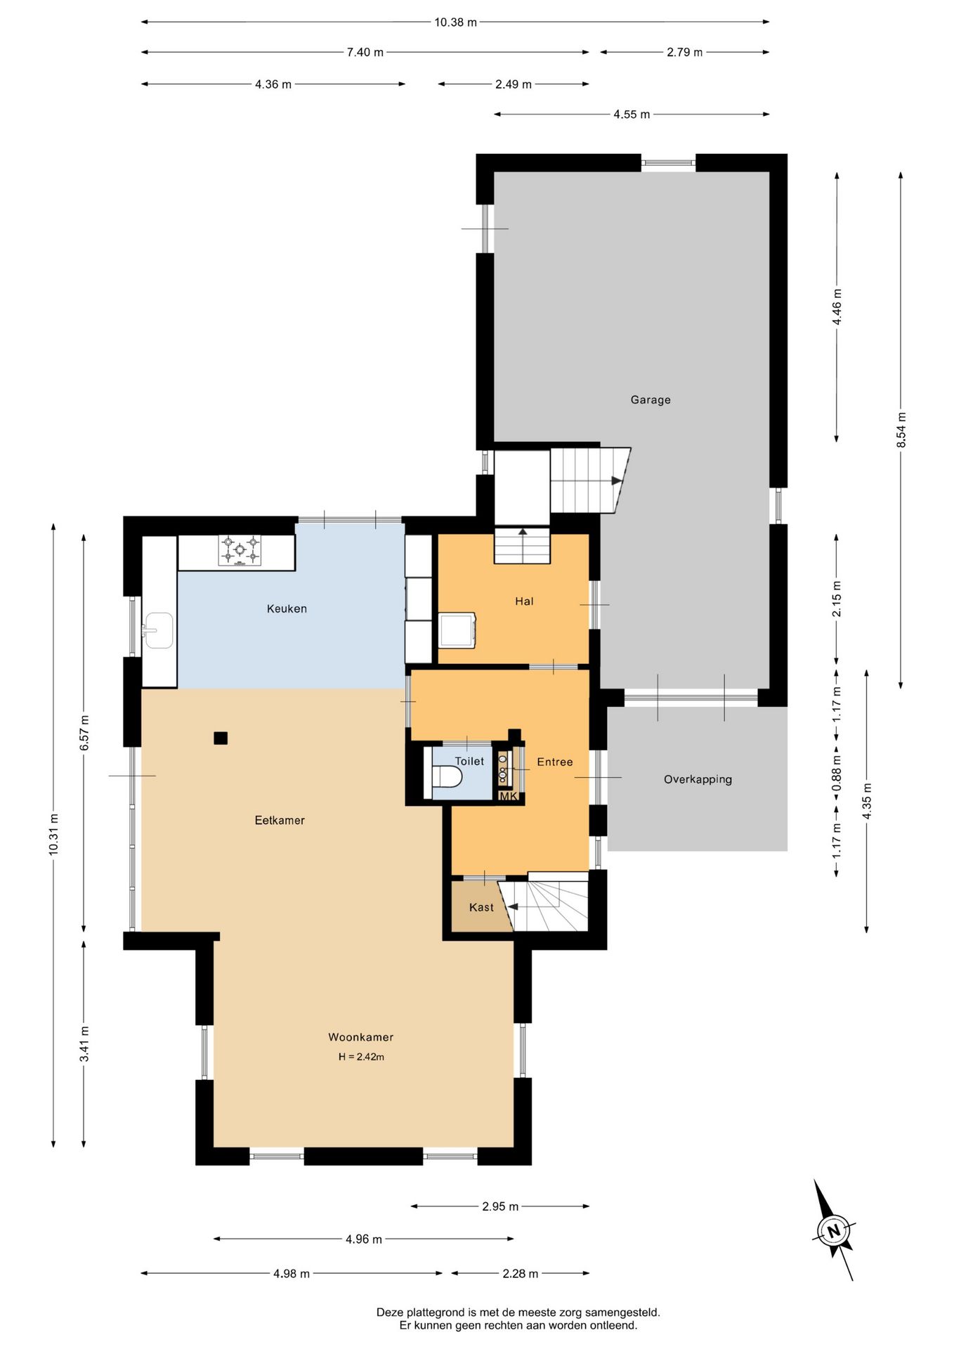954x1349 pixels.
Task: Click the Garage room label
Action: click(650, 400)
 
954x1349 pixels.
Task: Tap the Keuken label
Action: click(287, 608)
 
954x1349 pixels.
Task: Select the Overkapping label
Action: click(698, 779)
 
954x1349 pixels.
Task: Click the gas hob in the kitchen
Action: click(240, 550)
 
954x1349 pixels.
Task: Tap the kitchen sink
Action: click(158, 630)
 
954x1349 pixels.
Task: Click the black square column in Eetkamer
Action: click(221, 738)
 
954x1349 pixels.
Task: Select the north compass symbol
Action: click(834, 1230)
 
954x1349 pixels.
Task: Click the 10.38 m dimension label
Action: click(455, 22)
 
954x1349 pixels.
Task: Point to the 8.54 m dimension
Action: click(901, 429)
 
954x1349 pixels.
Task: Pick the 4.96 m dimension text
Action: click(364, 1239)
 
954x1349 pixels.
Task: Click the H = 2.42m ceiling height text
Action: click(361, 1057)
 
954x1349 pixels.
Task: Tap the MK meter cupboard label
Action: click(508, 796)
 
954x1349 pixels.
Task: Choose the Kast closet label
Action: click(481, 907)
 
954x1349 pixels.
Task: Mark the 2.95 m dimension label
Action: click(500, 1206)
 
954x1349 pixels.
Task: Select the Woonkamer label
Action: click(361, 1037)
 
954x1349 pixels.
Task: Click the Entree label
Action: click(555, 762)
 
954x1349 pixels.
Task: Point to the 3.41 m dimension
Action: click(84, 1044)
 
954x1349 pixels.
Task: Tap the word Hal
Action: click(524, 601)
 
